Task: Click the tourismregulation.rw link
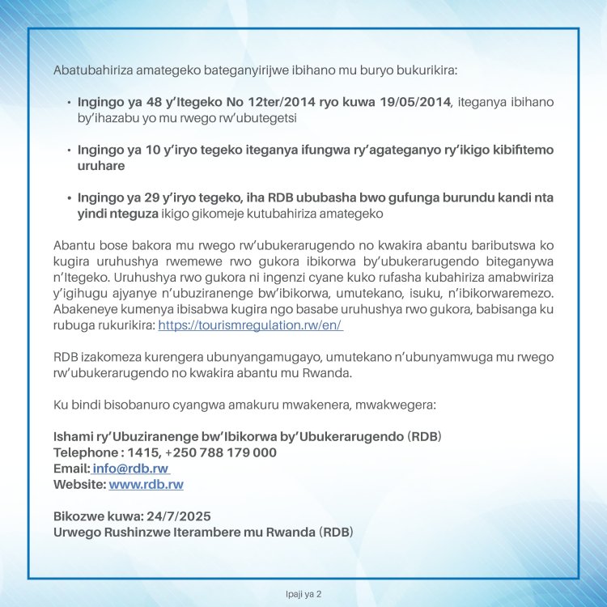250,325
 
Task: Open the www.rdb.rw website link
146,485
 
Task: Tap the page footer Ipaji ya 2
303,594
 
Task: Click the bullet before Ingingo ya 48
68,104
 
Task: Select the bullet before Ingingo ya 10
68,151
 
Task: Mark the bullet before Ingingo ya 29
68,198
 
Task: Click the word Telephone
85,452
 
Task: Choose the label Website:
79,485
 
